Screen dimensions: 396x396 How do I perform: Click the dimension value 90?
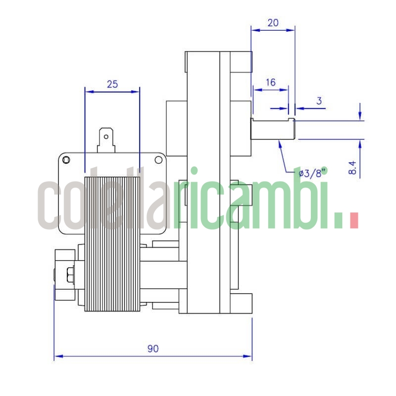153,349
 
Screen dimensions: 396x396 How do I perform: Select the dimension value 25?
112,84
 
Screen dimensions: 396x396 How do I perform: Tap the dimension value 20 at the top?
273,23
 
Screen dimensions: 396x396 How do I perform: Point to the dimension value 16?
270,83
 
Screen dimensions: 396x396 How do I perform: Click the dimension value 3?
319,100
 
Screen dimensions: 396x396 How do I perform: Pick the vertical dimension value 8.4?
352,167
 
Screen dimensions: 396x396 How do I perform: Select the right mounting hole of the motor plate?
158,160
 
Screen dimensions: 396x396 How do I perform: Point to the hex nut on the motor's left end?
69,273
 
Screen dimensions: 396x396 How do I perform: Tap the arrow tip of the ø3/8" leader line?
280,142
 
